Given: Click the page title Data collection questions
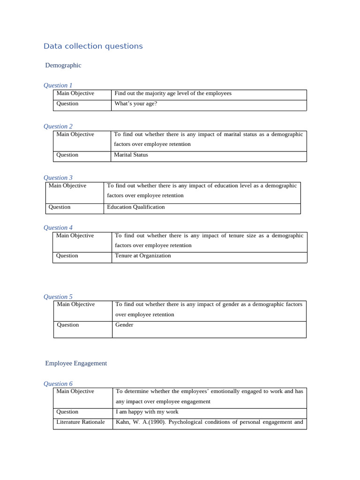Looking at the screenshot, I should point(93,46).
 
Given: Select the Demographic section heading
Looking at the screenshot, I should point(63,65).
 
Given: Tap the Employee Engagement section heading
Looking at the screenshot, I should point(76,363).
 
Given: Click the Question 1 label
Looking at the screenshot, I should point(58,85).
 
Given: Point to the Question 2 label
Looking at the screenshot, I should point(58,126).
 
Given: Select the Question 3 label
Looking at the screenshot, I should point(58,178).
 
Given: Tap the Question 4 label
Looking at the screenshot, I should point(58,228).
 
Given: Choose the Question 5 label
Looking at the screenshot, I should point(58,297).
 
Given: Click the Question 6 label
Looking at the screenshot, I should point(58,384).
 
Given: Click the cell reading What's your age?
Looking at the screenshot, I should point(136,104).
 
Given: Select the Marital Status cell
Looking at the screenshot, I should point(131,155).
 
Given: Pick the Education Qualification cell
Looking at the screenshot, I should point(136,207).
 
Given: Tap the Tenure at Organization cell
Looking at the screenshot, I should point(143,255).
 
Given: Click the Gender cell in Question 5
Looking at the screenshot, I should point(124,325).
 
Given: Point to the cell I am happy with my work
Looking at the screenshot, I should point(147,412).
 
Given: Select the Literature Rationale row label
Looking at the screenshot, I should point(81,422).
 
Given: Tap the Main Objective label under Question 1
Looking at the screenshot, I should point(75,93).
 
